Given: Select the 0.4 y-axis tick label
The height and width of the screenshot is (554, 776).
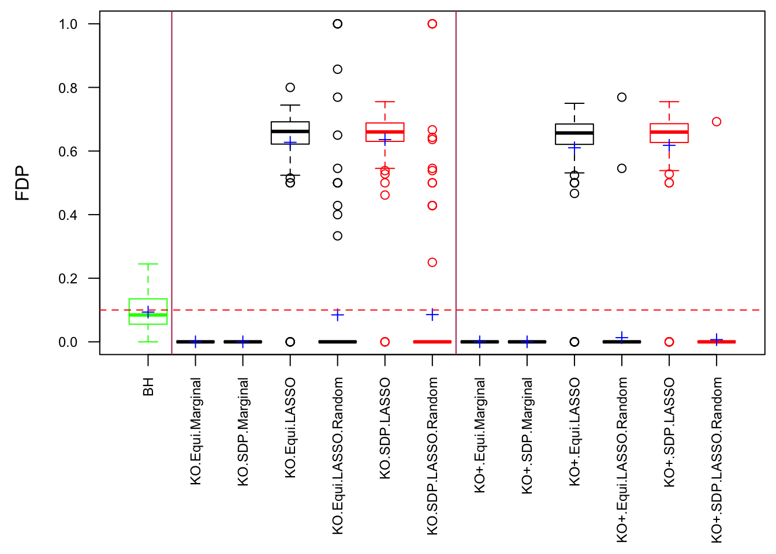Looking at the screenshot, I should pos(68,215).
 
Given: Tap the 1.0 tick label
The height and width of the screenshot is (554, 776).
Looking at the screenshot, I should pos(68,24).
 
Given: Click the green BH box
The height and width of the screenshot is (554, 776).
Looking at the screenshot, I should pos(148,312).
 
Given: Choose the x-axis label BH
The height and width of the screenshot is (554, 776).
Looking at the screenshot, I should pos(148,387).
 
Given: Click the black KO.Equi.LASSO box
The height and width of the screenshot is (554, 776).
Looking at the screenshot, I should pos(290,133).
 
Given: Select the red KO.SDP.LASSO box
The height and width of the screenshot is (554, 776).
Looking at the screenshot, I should pos(385,132).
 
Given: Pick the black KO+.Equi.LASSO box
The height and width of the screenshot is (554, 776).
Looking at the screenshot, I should pos(574,134).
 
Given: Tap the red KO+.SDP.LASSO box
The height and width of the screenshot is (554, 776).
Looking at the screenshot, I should pos(669,133).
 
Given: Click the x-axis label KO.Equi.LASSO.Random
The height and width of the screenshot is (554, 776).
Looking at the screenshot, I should pos(338,456).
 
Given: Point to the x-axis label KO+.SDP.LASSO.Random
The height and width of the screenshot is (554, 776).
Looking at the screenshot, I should pos(717,460).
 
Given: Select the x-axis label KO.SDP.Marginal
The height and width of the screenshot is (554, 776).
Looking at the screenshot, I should pos(243,432).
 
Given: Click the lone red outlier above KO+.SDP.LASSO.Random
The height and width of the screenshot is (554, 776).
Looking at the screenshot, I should pos(717,122).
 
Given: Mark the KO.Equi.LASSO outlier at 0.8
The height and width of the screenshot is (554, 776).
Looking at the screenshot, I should pos(290,88).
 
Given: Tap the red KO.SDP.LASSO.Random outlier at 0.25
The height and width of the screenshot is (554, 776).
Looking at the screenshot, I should pos(432,263).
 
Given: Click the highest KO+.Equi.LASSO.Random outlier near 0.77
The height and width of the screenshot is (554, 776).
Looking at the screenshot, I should pos(622,97).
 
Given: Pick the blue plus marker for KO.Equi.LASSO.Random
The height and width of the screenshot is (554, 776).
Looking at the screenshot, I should pos(338,315).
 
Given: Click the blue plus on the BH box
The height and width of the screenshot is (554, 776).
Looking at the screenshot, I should pos(148,312).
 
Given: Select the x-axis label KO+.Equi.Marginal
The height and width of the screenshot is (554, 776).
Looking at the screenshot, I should pos(480,435).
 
